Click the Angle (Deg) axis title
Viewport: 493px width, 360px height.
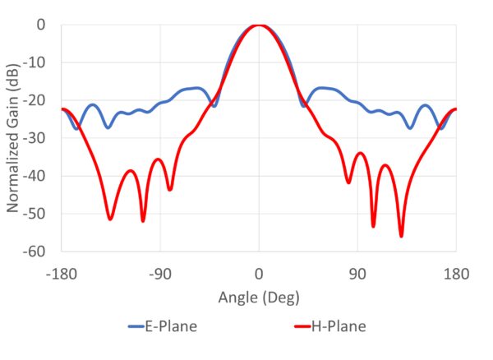click(x=259, y=296)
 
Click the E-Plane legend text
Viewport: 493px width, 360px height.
click(x=173, y=327)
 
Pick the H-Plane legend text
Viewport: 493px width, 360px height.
click(x=339, y=327)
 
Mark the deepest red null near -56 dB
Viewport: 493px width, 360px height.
click(x=401, y=236)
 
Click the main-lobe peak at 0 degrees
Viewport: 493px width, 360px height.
click(x=259, y=25)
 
